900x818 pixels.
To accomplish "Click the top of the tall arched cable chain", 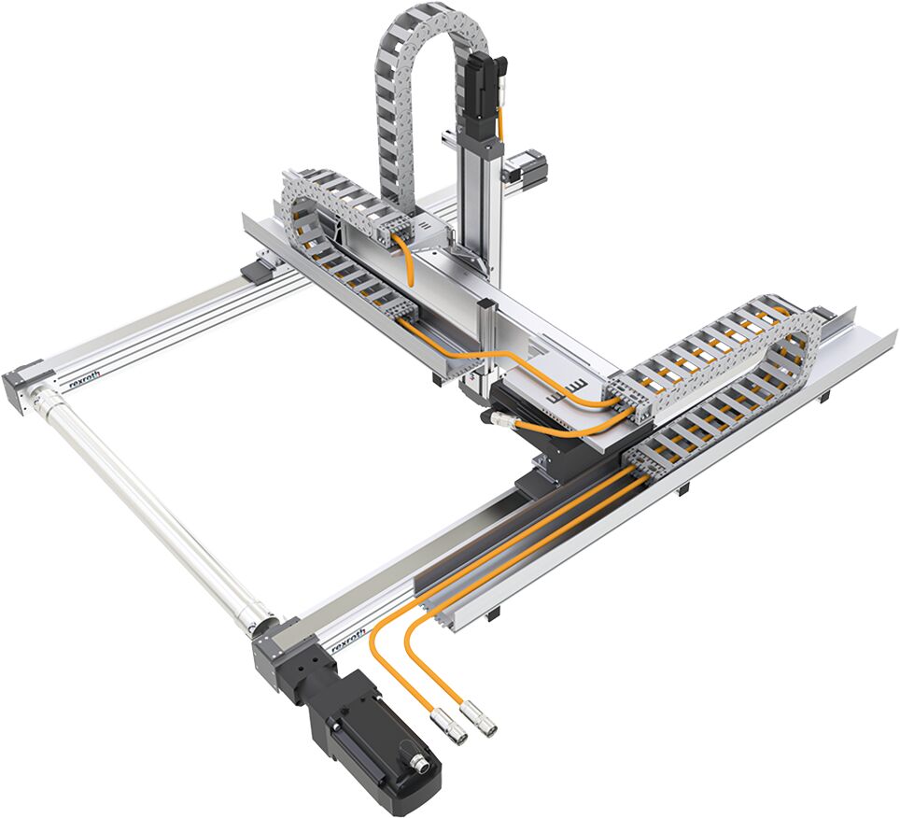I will pos(435,19).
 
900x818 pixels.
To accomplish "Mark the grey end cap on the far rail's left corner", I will pos(21,383).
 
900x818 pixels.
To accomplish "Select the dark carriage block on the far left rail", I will pos(259,272).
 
